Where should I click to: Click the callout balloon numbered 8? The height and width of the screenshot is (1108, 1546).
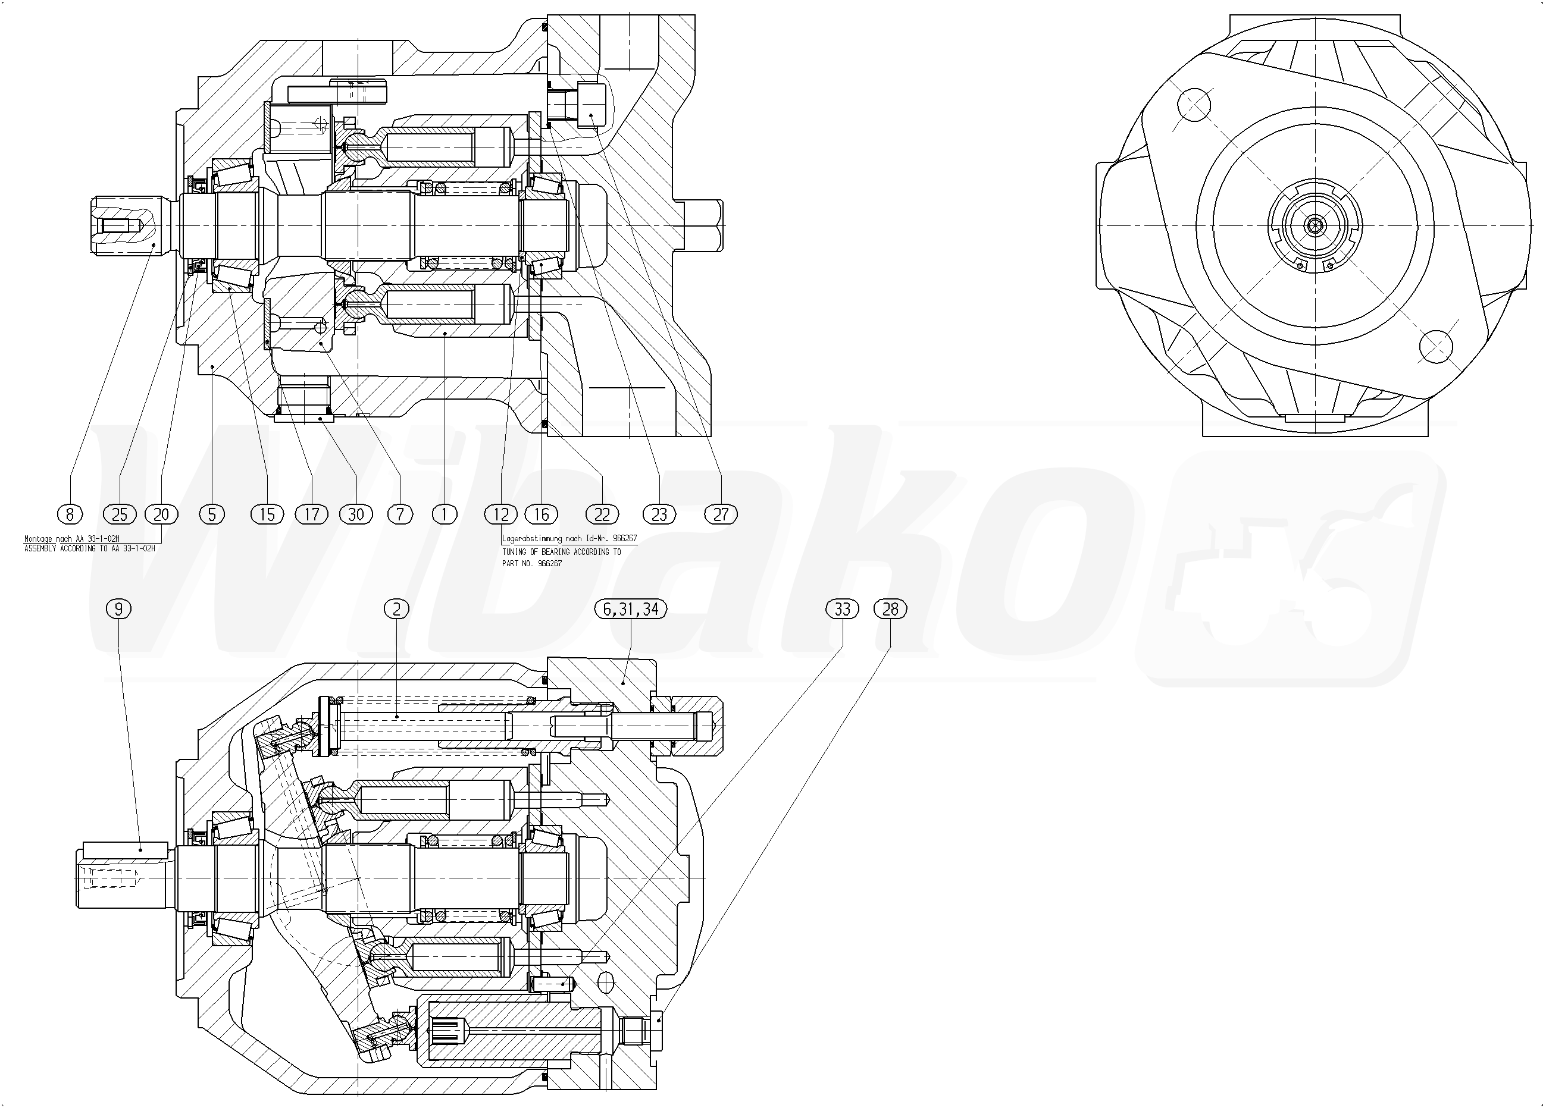[70, 514]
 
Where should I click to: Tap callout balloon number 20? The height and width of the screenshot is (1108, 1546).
[161, 514]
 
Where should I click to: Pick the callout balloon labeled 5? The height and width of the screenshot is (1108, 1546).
[212, 514]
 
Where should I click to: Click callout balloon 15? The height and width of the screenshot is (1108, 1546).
[267, 514]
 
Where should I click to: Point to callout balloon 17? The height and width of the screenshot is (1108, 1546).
[311, 514]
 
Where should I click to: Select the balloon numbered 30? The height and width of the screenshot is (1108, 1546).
[356, 514]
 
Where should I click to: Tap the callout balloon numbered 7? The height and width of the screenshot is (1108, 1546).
[400, 514]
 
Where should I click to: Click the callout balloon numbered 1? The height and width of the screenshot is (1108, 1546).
[445, 514]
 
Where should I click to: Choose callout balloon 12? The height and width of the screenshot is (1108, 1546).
[501, 514]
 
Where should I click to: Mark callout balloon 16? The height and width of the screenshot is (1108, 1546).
[542, 514]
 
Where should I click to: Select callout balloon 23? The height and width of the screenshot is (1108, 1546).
[659, 514]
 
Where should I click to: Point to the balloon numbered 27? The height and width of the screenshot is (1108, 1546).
[721, 514]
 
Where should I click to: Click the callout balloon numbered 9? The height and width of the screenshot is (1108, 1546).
[118, 608]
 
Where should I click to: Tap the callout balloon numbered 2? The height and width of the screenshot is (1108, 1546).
[397, 608]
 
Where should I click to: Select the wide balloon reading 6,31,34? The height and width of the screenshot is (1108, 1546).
[631, 608]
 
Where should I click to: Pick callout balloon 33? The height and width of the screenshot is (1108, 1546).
[842, 608]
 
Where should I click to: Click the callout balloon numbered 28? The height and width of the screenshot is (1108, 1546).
[890, 608]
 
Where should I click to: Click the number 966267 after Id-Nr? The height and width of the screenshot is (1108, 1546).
[624, 538]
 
